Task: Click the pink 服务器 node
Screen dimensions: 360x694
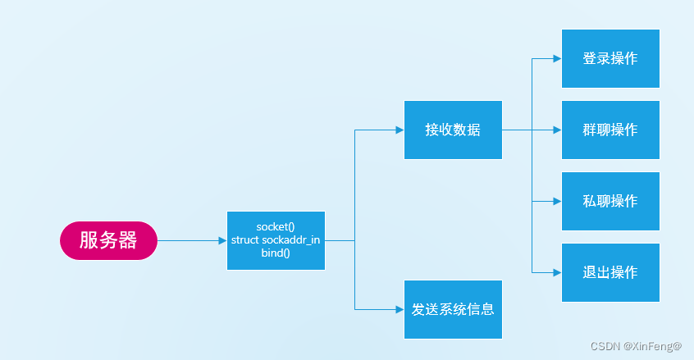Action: [107, 240]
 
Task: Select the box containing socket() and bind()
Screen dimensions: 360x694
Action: [276, 240]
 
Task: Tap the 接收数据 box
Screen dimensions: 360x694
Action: [453, 130]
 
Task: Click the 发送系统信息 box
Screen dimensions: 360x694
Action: [453, 309]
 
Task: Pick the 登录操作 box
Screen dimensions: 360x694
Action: [610, 58]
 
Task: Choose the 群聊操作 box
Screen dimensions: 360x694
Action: [610, 130]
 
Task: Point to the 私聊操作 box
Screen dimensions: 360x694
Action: [610, 201]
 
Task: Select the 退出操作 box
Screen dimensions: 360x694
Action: [610, 272]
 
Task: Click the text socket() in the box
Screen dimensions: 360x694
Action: [276, 226]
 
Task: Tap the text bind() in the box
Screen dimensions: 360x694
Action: [276, 254]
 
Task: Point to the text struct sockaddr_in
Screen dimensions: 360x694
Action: [276, 240]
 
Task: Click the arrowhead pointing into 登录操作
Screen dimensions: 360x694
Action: [557, 59]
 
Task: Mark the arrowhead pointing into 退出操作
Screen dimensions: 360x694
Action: [557, 272]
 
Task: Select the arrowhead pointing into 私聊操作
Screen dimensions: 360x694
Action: [557, 201]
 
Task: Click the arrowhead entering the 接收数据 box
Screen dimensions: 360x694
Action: [400, 130]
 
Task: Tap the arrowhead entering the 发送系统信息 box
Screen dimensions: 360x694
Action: [400, 309]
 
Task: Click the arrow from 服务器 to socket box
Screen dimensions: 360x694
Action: [190, 240]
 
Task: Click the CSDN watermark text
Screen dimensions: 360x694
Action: [605, 346]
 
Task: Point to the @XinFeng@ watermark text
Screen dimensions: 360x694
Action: [652, 346]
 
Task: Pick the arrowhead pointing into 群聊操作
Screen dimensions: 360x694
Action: [557, 130]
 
